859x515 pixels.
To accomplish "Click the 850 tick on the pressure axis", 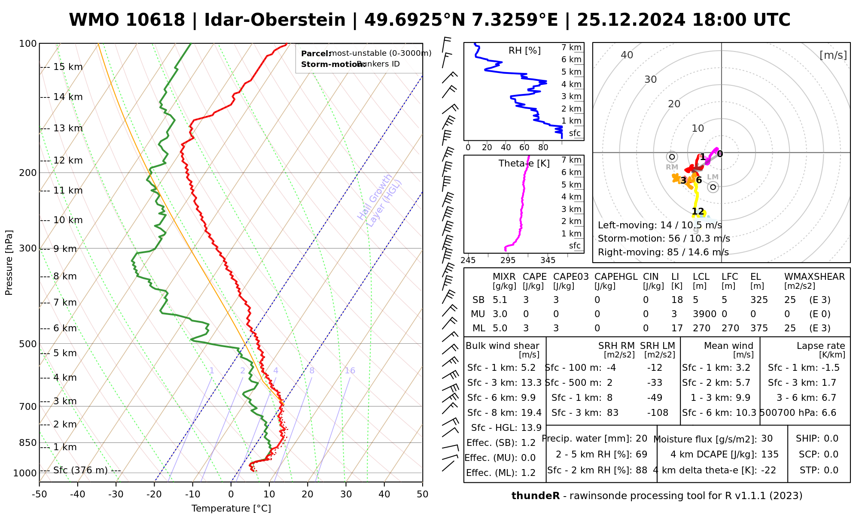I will [28, 442].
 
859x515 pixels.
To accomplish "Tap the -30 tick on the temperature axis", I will [116, 494].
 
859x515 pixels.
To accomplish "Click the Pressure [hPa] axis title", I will [9, 263].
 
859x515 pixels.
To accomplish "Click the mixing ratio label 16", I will [350, 371].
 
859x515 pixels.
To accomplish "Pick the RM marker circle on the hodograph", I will [672, 157].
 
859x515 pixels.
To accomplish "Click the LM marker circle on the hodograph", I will [713, 187].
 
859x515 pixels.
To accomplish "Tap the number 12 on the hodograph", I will [698, 212].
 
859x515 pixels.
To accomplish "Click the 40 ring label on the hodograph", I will [627, 55].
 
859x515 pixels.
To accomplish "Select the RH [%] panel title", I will [524, 51].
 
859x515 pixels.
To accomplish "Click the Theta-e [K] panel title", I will [524, 164].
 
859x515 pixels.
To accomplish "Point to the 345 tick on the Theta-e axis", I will [548, 261].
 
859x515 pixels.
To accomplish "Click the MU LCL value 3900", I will [704, 314].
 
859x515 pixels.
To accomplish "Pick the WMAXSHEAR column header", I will [814, 277].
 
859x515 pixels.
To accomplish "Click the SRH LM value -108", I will [658, 413].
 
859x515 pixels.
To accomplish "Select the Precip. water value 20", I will [641, 439].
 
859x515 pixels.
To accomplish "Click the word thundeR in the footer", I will [535, 496].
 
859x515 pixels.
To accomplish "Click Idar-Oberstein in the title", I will [274, 20].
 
